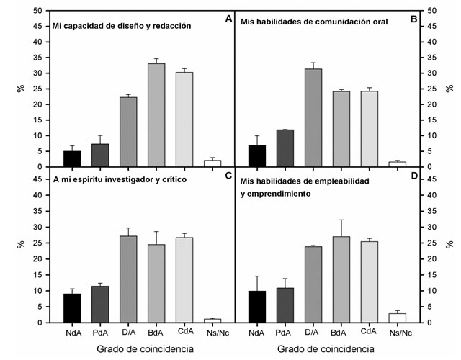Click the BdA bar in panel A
tap(156, 115)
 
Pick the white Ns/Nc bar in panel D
tap(397, 318)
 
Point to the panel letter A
tap(228, 19)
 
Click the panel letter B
tap(413, 19)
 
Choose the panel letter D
tap(413, 176)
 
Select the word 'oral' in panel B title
tap(378, 22)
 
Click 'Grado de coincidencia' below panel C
tap(142, 349)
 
